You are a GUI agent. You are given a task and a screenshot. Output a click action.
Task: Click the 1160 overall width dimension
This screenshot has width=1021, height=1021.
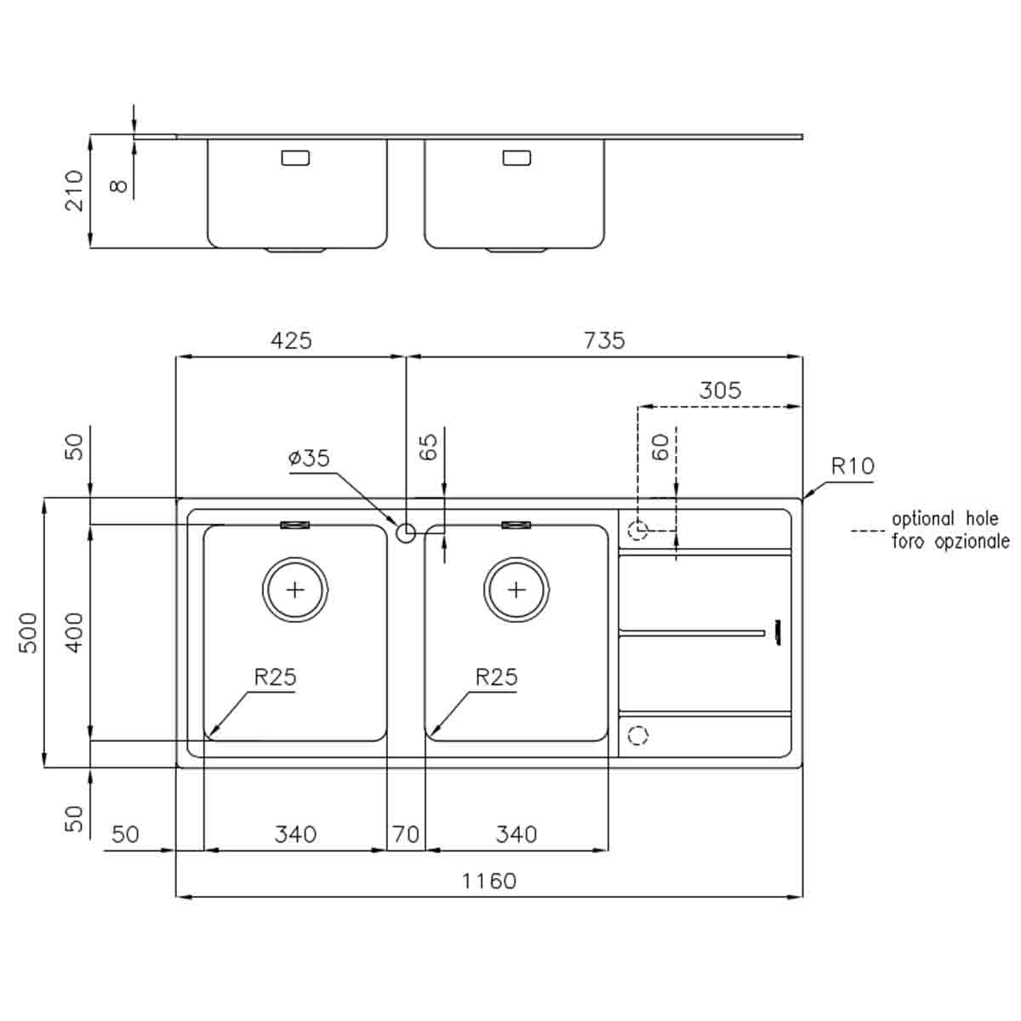point(488,881)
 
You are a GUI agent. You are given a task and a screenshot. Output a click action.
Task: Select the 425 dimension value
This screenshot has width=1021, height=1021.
point(291,340)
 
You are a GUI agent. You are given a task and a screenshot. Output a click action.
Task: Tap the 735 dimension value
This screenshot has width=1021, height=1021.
point(604,340)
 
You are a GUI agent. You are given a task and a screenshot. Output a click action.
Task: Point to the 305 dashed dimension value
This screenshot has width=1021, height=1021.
point(720,391)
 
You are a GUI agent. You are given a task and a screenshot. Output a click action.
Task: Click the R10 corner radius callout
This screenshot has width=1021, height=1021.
point(852,466)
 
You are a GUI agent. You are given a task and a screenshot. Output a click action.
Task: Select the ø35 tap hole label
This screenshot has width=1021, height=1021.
point(309,459)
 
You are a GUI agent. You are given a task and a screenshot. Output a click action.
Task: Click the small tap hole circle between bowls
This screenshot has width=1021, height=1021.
point(406,533)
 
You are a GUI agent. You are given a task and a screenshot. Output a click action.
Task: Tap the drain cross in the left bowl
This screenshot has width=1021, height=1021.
point(295,590)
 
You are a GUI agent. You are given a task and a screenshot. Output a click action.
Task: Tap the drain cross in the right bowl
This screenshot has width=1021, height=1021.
point(516,590)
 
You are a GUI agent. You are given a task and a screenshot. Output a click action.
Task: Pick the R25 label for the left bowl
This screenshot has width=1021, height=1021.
point(275,677)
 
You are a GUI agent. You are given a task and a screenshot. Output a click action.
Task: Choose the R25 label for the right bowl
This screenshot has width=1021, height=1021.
point(496,677)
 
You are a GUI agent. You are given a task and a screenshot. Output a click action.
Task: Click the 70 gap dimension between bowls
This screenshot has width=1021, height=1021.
point(406,835)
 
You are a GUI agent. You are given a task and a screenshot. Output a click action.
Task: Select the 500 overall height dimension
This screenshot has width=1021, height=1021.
point(29,632)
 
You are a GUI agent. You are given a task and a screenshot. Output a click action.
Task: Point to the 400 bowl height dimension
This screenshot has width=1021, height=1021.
point(75,632)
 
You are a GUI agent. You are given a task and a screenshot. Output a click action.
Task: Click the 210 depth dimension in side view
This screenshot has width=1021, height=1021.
point(75,191)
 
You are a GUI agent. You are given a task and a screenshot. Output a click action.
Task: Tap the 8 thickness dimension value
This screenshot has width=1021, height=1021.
point(120,185)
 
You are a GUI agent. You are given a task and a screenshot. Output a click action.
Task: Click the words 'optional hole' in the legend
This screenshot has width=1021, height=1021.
point(944,519)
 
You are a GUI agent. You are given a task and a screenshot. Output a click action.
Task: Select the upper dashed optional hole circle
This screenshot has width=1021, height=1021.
point(637,531)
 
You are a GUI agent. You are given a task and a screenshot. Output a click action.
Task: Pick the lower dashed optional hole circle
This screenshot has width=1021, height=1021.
point(637,735)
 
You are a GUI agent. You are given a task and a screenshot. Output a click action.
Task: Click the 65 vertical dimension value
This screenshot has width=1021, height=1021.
point(429,447)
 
